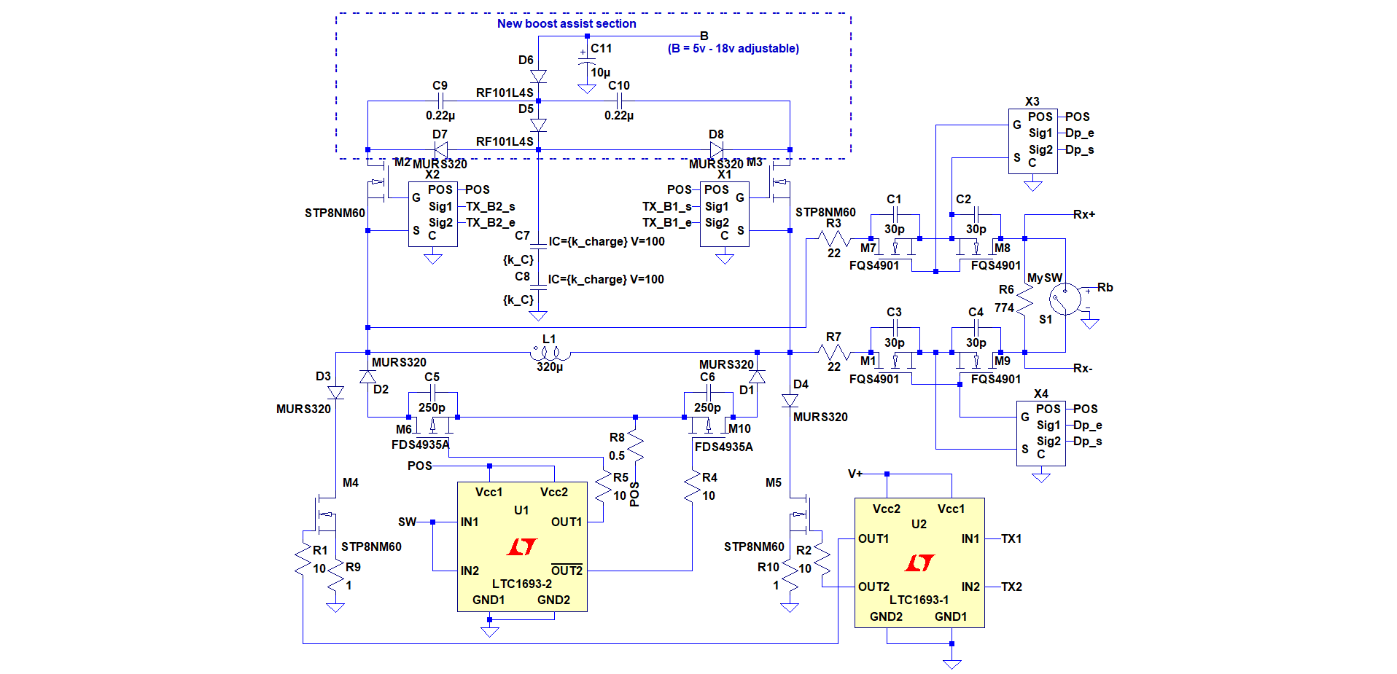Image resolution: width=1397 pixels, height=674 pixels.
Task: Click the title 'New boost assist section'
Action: [567, 23]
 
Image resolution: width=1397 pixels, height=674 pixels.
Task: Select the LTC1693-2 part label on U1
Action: [522, 584]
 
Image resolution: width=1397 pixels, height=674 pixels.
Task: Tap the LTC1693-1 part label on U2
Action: [919, 600]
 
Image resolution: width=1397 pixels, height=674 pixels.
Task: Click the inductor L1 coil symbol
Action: [550, 353]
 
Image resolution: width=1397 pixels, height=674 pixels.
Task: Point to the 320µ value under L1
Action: [550, 367]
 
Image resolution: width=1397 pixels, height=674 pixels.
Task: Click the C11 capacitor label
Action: [602, 48]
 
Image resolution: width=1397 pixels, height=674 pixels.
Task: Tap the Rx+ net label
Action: [1084, 214]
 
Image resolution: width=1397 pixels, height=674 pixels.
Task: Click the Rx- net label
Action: [1083, 368]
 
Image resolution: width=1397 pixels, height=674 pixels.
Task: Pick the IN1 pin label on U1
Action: [470, 522]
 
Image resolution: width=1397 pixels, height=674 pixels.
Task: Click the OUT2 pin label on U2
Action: [873, 587]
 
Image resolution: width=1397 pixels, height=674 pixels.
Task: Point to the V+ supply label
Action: [855, 474]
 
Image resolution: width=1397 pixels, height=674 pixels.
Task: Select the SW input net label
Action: [407, 522]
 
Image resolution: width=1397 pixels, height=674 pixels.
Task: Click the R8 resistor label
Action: [617, 437]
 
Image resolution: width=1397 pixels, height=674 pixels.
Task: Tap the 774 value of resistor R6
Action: [1004, 307]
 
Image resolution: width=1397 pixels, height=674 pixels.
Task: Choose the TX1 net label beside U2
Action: [1011, 538]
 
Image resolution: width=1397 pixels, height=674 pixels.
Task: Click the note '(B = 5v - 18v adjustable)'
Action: [733, 48]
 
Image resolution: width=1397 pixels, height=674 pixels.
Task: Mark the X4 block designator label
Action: [1041, 393]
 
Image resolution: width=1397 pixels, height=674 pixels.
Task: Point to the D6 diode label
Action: [526, 60]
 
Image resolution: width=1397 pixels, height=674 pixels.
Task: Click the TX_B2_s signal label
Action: [491, 206]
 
